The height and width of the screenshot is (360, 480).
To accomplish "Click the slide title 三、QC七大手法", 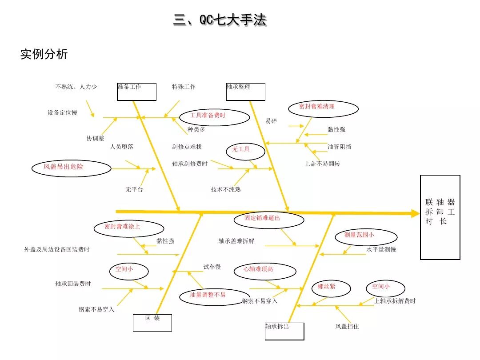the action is point(220,20).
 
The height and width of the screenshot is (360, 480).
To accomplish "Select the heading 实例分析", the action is point(44,54).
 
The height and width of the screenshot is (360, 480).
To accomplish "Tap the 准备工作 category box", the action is point(137,92).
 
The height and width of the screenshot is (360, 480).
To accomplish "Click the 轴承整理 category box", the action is point(245,92).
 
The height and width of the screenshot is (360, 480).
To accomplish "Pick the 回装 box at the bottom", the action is point(152,322).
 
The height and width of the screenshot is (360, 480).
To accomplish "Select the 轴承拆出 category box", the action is point(284,331).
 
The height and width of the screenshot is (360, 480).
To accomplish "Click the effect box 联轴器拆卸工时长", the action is point(440,217).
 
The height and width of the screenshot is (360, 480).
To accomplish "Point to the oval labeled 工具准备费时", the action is point(214,117).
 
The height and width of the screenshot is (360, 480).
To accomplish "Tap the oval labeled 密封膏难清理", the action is point(323,108).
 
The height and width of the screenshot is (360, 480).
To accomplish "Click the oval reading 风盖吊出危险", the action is point(71,168).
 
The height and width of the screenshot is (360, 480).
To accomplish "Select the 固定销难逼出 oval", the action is point(269,220).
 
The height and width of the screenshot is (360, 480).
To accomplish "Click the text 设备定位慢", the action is point(63,112).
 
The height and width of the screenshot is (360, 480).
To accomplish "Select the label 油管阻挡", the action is point(340,147).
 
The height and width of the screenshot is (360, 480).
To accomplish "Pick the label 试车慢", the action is point(212,267).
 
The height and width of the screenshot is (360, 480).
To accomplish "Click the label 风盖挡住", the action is point(347,327).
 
